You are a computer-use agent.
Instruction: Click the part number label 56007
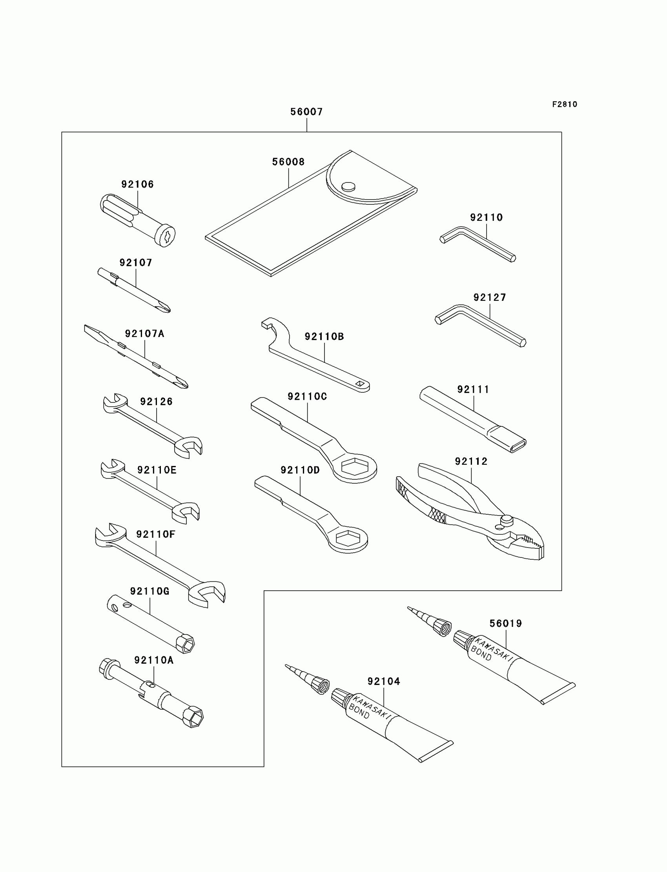point(306,112)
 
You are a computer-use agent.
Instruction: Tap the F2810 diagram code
point(565,104)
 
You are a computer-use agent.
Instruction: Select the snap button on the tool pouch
point(348,186)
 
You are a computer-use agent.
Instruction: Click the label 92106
point(137,184)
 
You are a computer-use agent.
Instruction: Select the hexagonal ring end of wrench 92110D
point(348,538)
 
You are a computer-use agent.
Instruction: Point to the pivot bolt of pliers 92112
point(506,519)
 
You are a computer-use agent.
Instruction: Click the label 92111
point(473,390)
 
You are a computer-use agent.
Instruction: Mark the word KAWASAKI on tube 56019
point(494,649)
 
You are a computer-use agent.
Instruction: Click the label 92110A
point(154,660)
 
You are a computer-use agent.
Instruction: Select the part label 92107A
point(144,334)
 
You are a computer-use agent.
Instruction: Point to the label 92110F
point(155,534)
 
